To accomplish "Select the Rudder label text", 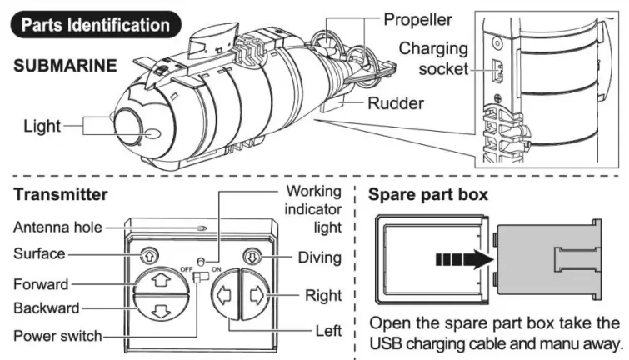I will [396, 104].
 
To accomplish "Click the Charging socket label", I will [432, 58].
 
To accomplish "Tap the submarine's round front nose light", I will [132, 127].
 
